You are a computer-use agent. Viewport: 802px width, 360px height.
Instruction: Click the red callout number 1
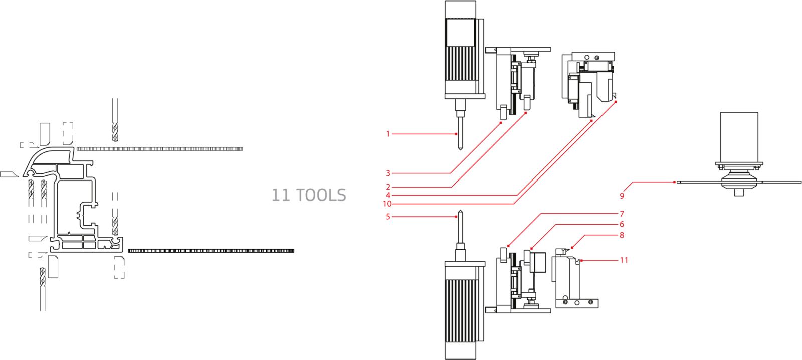click(x=388, y=134)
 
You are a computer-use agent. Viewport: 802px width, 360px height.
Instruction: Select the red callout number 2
click(x=388, y=187)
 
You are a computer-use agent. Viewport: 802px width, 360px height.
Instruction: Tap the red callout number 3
click(x=388, y=173)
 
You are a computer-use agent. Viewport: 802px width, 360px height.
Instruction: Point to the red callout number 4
click(x=388, y=195)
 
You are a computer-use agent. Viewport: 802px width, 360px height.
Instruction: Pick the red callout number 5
click(x=388, y=217)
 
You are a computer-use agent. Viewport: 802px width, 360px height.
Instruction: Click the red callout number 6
click(x=622, y=224)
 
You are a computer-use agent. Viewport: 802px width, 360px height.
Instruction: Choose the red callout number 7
click(x=622, y=214)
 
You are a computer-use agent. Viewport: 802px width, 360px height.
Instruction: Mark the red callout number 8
click(x=622, y=235)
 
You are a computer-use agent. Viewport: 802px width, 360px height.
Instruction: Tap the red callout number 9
click(x=622, y=196)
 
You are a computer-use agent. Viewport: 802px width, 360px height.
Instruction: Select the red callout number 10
click(x=387, y=204)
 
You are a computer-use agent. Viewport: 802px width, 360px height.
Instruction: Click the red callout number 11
click(x=624, y=260)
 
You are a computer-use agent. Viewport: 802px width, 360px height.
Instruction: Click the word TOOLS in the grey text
click(x=321, y=195)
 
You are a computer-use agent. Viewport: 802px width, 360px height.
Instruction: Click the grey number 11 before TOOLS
click(x=281, y=195)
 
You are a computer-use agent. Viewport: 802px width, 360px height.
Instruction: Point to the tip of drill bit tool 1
click(x=459, y=150)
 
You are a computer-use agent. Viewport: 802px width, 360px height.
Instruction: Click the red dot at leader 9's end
click(x=675, y=182)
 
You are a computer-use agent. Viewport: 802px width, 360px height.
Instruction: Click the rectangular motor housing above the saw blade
click(x=739, y=135)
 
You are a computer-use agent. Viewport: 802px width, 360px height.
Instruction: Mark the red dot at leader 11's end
click(x=581, y=260)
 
